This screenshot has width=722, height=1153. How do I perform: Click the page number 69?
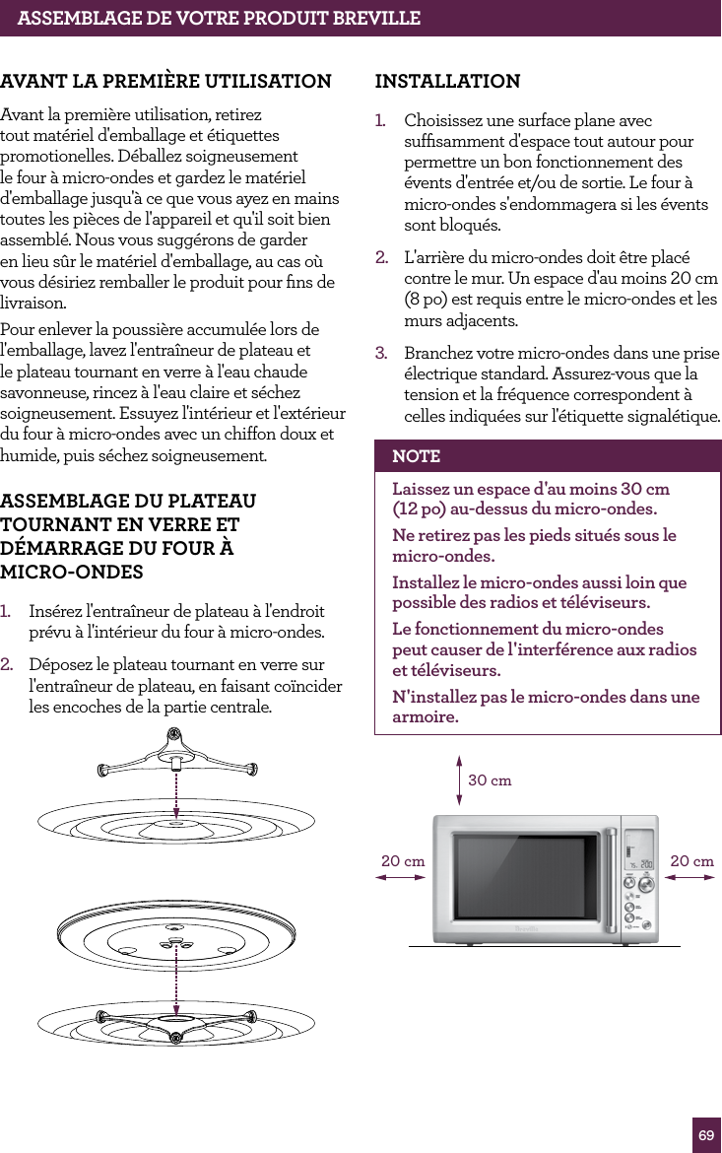tap(706, 1135)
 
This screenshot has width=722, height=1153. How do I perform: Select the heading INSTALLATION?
tap(447, 81)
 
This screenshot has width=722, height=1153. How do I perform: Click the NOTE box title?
tap(416, 456)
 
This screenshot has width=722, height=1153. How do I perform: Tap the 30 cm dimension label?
tap(490, 780)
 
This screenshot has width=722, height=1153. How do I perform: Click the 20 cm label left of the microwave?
tap(403, 861)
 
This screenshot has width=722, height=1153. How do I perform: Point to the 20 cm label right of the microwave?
tap(691, 861)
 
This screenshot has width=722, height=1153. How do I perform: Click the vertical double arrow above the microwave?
tap(459, 780)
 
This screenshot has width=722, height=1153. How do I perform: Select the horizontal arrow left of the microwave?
tap(399, 880)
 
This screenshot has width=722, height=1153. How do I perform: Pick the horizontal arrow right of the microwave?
tap(691, 880)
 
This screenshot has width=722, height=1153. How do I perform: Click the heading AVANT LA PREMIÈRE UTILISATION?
tap(165, 81)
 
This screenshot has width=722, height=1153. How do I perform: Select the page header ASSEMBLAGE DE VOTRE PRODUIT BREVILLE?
tap(219, 18)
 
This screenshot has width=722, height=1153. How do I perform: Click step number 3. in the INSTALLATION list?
tap(380, 353)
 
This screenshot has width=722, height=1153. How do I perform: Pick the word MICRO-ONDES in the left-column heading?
tap(72, 573)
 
